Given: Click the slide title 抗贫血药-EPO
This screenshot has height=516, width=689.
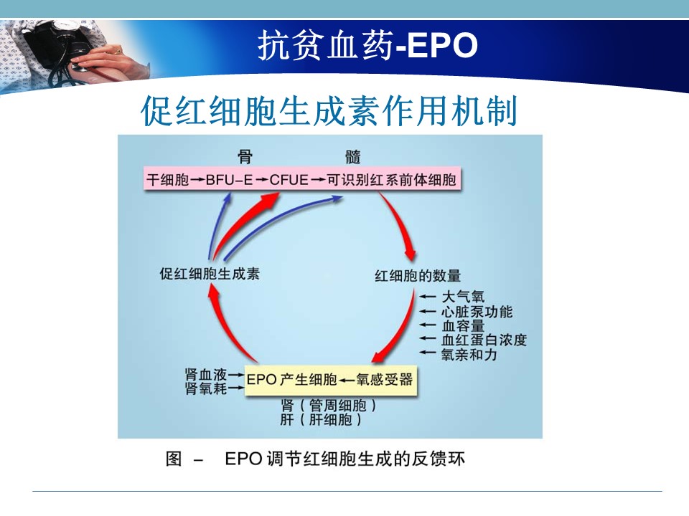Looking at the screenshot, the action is pos(367,45).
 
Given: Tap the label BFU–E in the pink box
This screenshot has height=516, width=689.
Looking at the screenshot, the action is pos(229,180).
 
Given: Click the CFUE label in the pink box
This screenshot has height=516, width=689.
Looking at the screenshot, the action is pos(289,180).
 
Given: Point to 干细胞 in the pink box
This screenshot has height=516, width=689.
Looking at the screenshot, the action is pos(168,180).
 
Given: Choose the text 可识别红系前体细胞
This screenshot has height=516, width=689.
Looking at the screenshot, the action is pos(392,180).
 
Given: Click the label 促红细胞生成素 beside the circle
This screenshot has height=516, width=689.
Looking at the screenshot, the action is pos(210,274).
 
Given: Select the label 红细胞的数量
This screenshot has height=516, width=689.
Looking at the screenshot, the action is pos(418,276).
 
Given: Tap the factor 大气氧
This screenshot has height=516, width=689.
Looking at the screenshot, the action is pos(463,297).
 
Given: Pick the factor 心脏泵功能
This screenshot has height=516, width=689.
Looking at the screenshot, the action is pos(477,312).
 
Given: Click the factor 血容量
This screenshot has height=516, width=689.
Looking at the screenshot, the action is pos(463,325).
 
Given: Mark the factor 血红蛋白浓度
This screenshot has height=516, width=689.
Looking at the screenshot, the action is pos(484,340).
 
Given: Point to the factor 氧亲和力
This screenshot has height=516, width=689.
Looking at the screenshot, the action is pos(469,354).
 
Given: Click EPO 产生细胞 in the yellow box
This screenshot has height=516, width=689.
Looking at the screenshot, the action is pos(292,380).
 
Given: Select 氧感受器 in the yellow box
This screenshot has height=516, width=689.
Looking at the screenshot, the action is pos(385,380).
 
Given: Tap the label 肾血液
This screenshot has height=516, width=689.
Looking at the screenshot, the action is pos(206,375).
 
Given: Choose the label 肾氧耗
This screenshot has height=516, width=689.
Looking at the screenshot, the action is pos(206,388).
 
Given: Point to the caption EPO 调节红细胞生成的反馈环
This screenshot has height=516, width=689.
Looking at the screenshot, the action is pos(344,459).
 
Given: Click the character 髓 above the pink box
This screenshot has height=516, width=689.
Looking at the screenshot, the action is pos(353,157).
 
